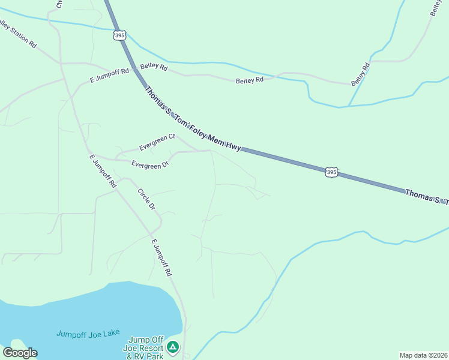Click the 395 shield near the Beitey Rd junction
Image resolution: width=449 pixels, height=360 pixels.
click(120, 35)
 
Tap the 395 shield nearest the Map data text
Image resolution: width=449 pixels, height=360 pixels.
click(332, 172)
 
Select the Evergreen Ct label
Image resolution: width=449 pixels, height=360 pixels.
click(157, 142)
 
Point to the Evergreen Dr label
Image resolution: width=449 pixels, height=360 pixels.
click(150, 164)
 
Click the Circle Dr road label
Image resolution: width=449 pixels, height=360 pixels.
click(146, 199)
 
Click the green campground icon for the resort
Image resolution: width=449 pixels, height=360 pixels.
click(173, 347)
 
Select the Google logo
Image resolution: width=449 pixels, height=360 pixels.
click(20, 353)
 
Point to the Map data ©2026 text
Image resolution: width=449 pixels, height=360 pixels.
click(423, 355)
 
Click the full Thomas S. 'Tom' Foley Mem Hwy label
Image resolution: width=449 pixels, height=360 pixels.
click(193, 119)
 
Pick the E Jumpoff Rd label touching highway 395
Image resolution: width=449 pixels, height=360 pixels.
click(109, 75)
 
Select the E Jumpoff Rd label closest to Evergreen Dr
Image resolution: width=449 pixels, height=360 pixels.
click(102, 172)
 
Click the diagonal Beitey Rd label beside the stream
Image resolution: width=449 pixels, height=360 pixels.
click(359, 74)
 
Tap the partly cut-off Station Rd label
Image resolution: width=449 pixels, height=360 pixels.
click(18, 36)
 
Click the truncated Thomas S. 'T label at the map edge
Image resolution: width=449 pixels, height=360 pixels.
click(426, 196)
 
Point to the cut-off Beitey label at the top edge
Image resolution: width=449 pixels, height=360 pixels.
click(435, 7)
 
